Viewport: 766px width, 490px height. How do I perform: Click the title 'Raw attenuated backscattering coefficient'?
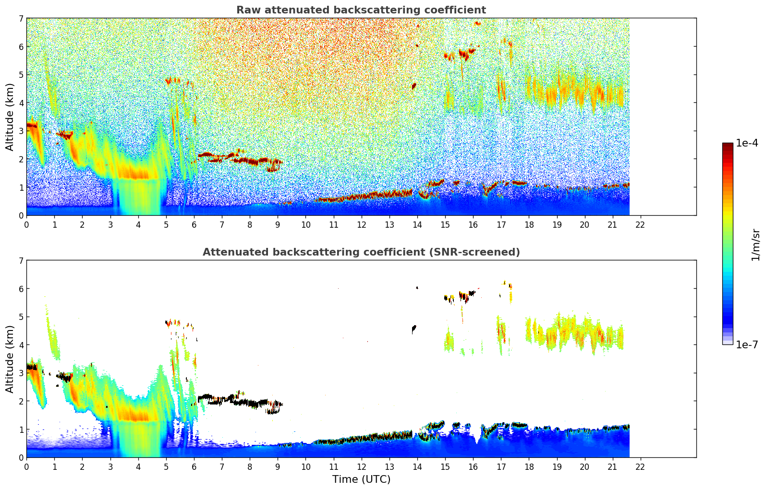click(x=361, y=10)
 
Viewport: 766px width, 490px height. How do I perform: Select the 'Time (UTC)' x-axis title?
click(x=361, y=479)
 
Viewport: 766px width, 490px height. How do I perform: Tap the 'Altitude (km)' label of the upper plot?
click(x=10, y=117)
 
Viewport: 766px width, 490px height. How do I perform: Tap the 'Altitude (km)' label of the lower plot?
click(x=10, y=359)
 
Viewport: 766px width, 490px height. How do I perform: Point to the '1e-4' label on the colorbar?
click(x=747, y=143)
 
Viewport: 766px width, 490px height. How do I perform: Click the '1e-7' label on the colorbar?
click(x=747, y=344)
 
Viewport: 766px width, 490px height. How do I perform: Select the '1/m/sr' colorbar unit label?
click(x=755, y=245)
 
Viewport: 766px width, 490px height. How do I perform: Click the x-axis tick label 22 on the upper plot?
click(x=640, y=224)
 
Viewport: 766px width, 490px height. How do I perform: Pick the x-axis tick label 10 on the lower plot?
click(x=305, y=466)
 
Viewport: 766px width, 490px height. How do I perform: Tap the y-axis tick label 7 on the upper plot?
click(x=21, y=19)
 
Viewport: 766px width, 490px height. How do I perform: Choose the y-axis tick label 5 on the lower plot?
click(x=21, y=317)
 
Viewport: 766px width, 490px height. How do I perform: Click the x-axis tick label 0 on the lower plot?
click(x=26, y=466)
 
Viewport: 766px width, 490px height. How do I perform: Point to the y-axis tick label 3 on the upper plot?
click(x=21, y=131)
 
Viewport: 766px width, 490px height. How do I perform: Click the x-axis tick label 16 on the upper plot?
click(x=473, y=224)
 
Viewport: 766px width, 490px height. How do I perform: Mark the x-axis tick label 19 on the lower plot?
click(x=557, y=466)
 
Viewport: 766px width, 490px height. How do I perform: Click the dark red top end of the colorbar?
click(x=728, y=145)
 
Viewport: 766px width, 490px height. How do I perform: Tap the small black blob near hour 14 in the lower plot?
click(x=414, y=329)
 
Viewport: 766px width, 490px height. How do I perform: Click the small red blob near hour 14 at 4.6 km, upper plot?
click(x=414, y=86)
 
